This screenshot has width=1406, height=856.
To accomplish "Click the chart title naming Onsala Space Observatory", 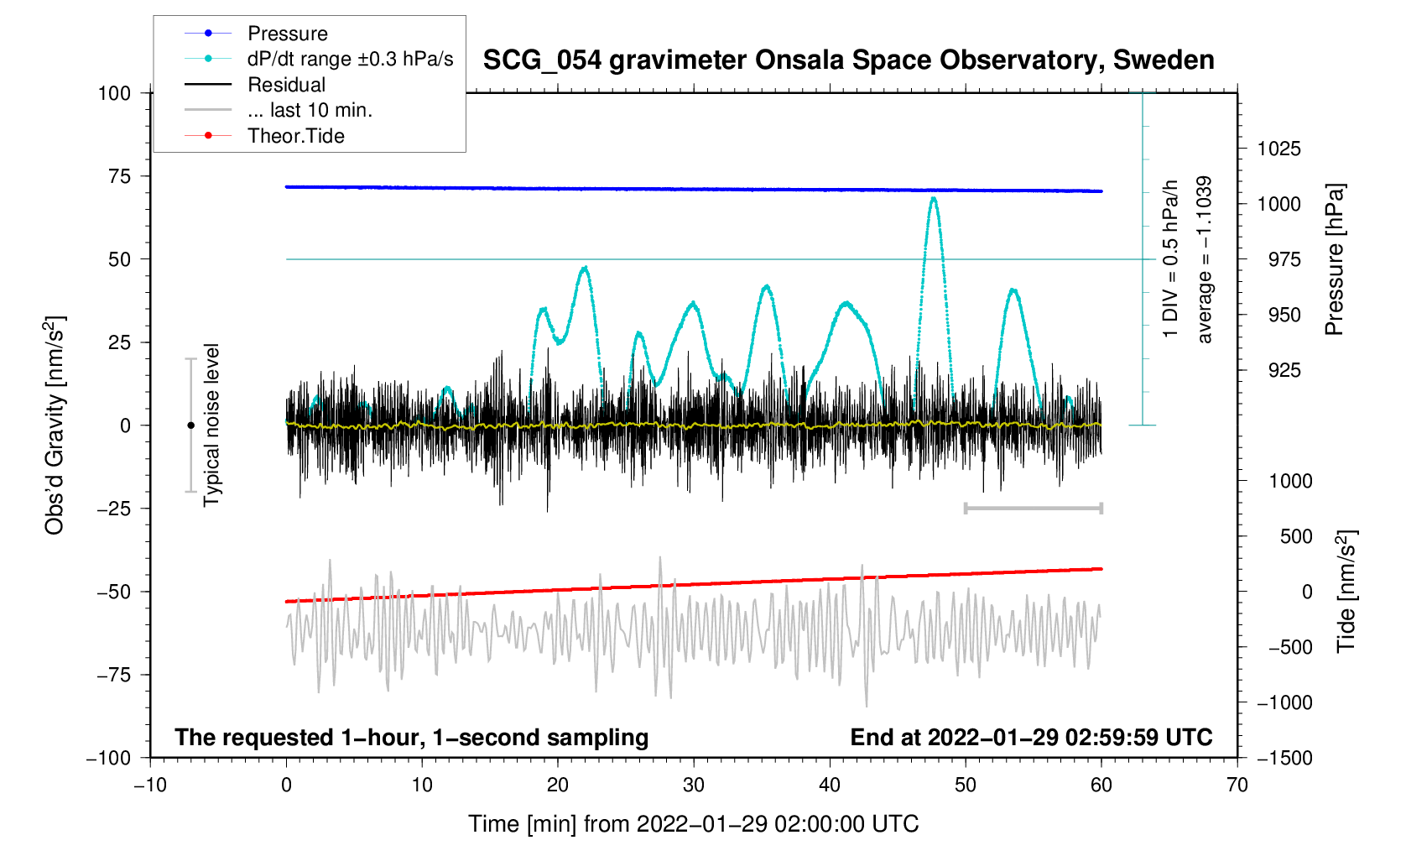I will pos(848,60).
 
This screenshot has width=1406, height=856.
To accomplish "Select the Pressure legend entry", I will pos(288,34).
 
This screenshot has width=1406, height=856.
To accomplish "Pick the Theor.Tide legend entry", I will pos(296,136).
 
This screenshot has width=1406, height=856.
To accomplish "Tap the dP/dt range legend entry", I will pos(350,59).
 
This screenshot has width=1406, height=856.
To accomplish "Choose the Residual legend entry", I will pos(287,85).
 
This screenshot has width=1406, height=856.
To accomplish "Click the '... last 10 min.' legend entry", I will pos(310,110).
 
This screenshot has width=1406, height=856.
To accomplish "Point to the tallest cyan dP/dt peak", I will pos(933,199).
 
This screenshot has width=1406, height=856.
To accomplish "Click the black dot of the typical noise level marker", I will pos(191,425).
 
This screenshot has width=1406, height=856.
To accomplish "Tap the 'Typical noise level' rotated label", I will pos(211,425).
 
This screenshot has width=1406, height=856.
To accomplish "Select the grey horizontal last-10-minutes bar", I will pos(1033,508).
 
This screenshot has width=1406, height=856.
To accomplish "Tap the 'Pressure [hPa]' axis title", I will pos(1334,259).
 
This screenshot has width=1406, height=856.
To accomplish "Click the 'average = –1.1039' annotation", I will pos(1205,259).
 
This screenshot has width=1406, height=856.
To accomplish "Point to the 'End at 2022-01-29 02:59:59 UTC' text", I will pos(1031,738).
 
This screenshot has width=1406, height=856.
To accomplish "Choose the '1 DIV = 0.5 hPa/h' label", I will pos(1170,259).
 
